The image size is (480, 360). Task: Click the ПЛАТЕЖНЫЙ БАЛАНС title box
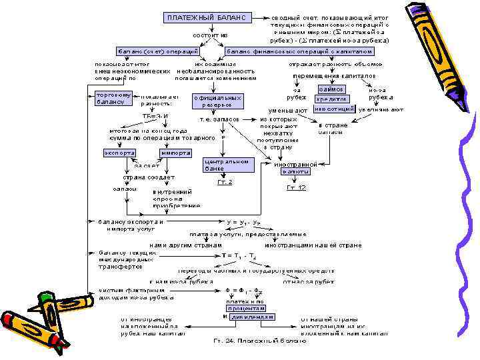point(207,17)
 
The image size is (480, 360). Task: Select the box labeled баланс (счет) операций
point(159,51)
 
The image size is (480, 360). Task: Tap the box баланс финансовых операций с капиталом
point(300,51)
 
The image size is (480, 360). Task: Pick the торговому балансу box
point(115,98)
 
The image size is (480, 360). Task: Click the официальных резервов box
point(217,101)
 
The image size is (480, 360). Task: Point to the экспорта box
point(119,152)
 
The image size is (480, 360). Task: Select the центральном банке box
point(227,165)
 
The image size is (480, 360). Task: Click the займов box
point(331,89)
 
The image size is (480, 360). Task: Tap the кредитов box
point(331,99)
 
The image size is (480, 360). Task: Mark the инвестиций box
point(333,109)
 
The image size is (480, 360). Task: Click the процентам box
point(246,309)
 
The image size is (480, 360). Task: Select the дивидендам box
point(251,317)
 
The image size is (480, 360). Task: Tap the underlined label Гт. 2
point(225,182)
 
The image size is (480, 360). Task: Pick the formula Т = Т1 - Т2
point(241,256)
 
